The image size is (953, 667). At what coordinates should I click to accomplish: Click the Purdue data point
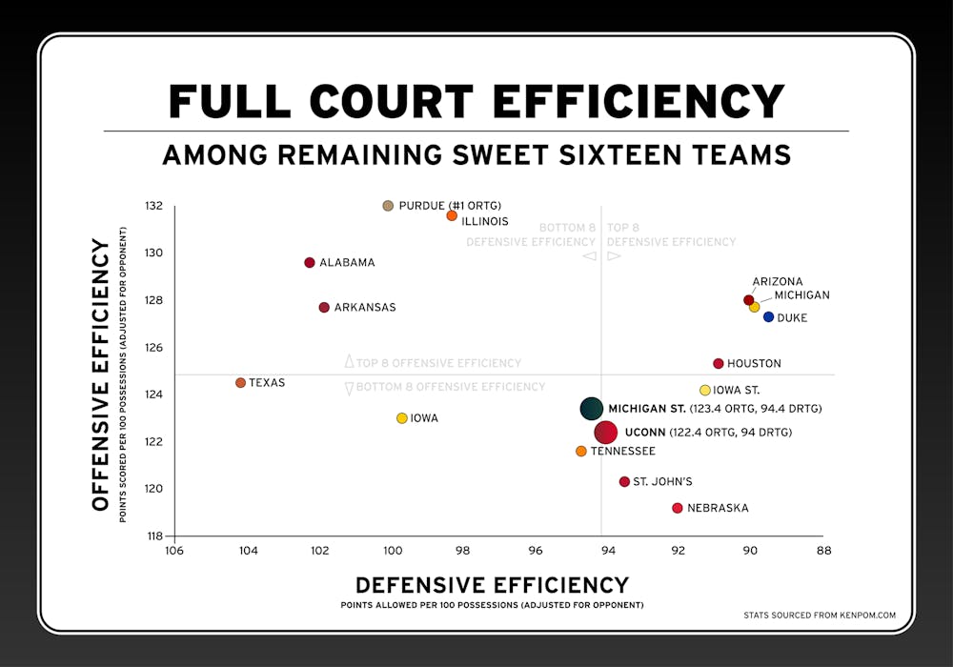coord(388,206)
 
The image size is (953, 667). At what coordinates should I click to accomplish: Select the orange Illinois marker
coord(452,215)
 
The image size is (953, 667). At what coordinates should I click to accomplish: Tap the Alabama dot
coord(310,262)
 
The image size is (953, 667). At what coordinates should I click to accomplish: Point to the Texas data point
coord(240,383)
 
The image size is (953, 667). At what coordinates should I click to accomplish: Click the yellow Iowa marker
coord(402,418)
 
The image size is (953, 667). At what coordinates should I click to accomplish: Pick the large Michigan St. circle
coord(592,409)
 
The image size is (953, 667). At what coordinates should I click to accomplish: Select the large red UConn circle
coord(606,433)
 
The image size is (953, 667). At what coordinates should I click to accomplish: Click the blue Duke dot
coord(769,317)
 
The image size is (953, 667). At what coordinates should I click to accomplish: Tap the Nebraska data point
coord(678,508)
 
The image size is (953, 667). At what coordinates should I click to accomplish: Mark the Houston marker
coord(719,364)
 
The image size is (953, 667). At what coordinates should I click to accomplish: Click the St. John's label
coord(662,482)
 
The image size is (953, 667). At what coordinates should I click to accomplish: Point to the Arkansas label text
coord(364,308)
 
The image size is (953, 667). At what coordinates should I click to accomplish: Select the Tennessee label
coord(622,452)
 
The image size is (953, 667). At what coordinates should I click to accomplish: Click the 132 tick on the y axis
coord(154,206)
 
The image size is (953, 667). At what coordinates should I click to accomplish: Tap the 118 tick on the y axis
coord(154,536)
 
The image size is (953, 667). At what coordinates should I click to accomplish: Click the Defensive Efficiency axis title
coord(492,585)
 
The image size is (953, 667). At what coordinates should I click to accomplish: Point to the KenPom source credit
coord(820,616)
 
